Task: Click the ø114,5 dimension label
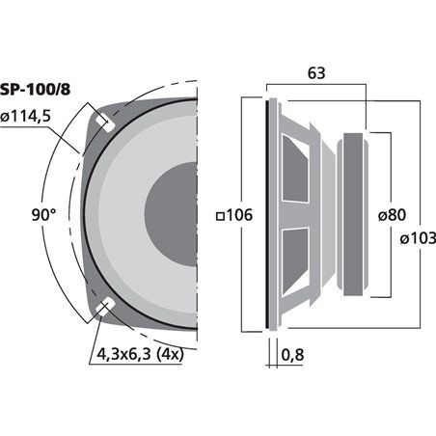pyautogui.click(x=33, y=118)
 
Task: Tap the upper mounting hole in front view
pyautogui.click(x=104, y=124)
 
